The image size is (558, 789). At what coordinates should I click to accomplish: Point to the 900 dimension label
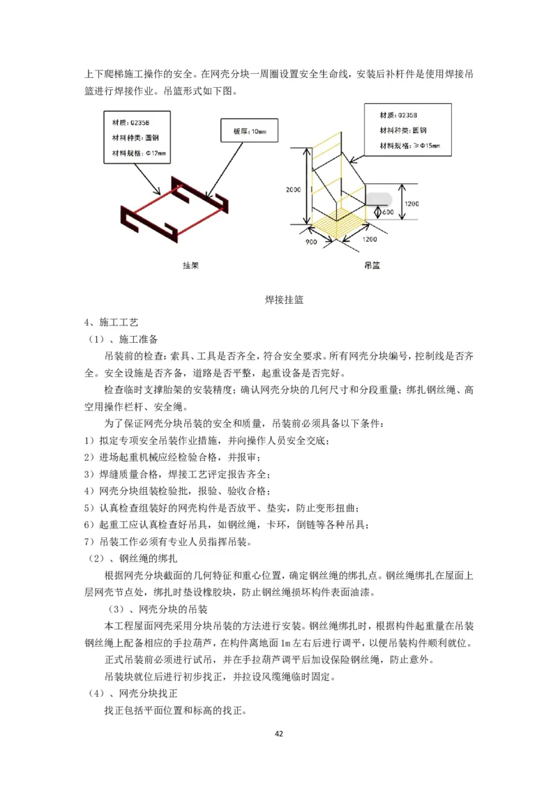tap(311, 242)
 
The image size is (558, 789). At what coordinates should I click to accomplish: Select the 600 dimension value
tap(388, 213)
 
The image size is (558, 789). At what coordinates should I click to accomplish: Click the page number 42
tap(279, 733)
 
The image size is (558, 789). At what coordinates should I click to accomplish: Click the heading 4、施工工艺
tap(102, 323)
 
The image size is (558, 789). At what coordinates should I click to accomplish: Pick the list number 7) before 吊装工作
tap(89, 542)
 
